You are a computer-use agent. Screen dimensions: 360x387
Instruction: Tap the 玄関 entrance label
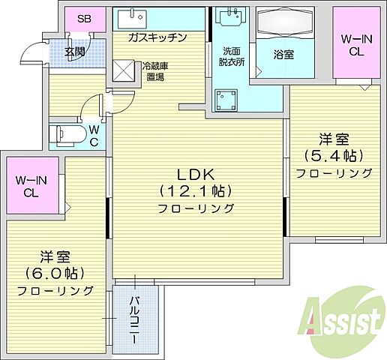[x=73, y=52]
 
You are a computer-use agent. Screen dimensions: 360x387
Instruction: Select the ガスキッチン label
[x=157, y=37]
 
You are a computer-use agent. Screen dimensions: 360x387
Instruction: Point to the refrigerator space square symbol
[x=123, y=70]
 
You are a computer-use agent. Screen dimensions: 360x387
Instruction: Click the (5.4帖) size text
[x=334, y=156]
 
